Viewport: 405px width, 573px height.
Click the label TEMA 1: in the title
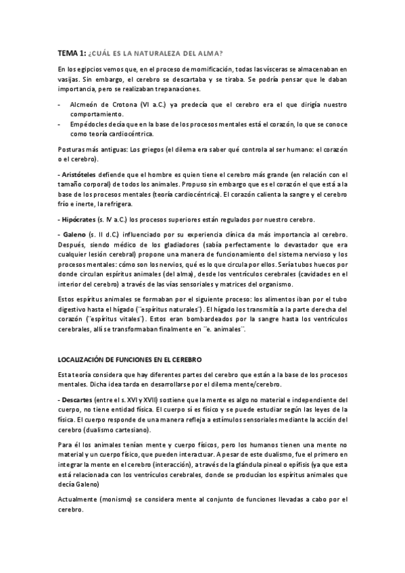[x=71, y=53]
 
